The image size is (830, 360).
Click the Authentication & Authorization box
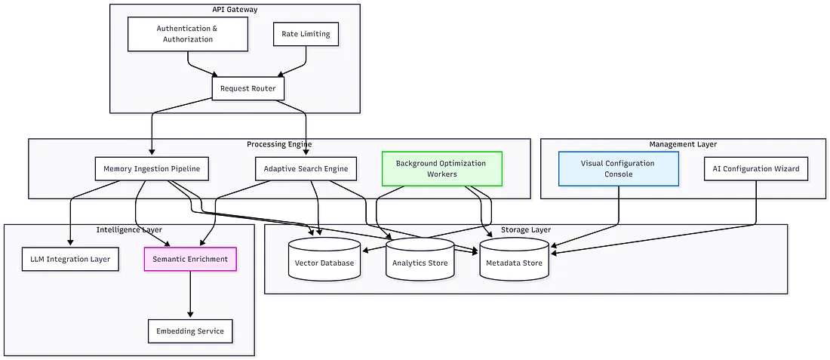(188, 34)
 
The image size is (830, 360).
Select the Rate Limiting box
(306, 34)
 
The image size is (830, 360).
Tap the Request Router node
(247, 88)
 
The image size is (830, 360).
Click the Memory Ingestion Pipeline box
(152, 168)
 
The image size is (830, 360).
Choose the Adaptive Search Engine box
(306, 168)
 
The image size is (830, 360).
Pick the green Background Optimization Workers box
(441, 168)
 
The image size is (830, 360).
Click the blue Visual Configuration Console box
(618, 168)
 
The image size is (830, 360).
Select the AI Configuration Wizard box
(756, 168)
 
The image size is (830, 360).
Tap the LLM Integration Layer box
(70, 259)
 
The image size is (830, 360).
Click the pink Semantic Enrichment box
(190, 259)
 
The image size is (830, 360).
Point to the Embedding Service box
(190, 331)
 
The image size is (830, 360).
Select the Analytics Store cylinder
(419, 260)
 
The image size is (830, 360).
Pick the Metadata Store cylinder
(515, 260)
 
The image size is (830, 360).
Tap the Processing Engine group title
(279, 144)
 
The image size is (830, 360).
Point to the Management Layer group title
(683, 144)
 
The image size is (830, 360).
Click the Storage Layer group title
(526, 229)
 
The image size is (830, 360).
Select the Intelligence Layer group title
(129, 229)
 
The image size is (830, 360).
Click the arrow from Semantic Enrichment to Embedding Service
(190, 294)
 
